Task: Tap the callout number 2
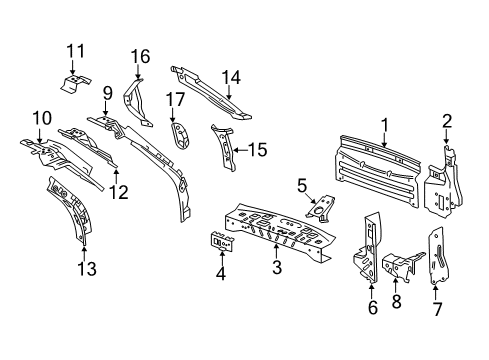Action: click(446, 122)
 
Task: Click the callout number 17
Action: click(176, 99)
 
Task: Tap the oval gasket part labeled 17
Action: click(180, 135)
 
